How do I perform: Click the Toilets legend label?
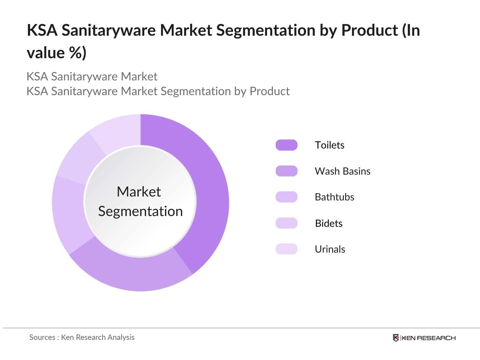point(329,145)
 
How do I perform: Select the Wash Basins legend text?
point(342,171)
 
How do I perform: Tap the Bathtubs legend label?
point(334,197)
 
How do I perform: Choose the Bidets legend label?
point(328,223)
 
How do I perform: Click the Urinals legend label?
point(330,249)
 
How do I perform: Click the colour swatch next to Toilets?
point(286,145)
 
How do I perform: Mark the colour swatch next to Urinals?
point(286,249)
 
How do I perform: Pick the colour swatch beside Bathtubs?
point(286,197)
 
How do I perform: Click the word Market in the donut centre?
point(139,192)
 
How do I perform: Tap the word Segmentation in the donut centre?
point(140,211)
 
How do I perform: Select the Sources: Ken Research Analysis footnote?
point(82,337)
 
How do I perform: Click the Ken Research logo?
point(424,338)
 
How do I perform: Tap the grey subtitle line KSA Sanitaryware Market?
point(92,76)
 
